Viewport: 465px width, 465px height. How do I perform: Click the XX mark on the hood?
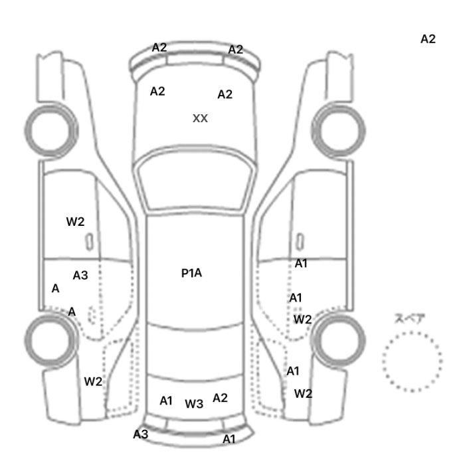click(200, 119)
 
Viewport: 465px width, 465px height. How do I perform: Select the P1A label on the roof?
click(191, 273)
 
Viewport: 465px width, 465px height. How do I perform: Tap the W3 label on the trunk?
click(194, 404)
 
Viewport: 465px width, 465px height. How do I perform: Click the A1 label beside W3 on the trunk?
click(166, 401)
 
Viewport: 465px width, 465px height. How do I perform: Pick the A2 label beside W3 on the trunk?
click(220, 398)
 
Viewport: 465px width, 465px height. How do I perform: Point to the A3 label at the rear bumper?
click(141, 434)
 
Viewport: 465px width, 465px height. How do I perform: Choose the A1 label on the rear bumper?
click(229, 439)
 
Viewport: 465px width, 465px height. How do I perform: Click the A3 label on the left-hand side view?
click(80, 276)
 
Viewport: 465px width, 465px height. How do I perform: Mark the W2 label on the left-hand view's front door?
click(75, 221)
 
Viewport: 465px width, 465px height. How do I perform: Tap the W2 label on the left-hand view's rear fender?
click(93, 381)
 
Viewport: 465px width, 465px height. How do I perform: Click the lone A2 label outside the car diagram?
click(428, 39)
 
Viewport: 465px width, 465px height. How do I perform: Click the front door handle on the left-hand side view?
click(89, 242)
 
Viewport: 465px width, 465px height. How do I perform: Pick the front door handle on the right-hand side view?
click(300, 242)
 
